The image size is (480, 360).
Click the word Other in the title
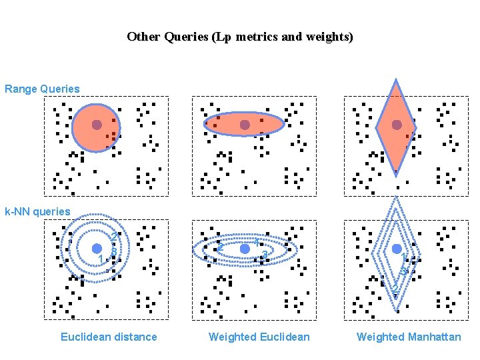point(142,37)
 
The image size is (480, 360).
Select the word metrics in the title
point(254,37)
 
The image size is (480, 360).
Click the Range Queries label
point(42,89)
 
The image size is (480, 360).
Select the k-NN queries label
point(37,211)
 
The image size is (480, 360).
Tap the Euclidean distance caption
point(109,337)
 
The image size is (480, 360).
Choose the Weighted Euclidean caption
point(259,337)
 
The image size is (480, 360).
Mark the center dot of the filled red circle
point(97,125)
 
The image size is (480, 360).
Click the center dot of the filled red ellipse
point(245,125)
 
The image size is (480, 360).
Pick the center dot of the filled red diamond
point(397,125)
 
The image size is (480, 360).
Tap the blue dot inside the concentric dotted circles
point(97,249)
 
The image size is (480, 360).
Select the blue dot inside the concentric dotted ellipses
point(245,248)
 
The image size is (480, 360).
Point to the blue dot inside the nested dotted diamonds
point(397,249)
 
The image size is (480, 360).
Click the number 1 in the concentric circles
point(101,259)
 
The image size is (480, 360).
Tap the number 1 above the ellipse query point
point(257,242)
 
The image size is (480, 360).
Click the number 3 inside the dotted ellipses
point(265,255)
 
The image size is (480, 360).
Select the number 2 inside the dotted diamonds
point(395,288)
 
